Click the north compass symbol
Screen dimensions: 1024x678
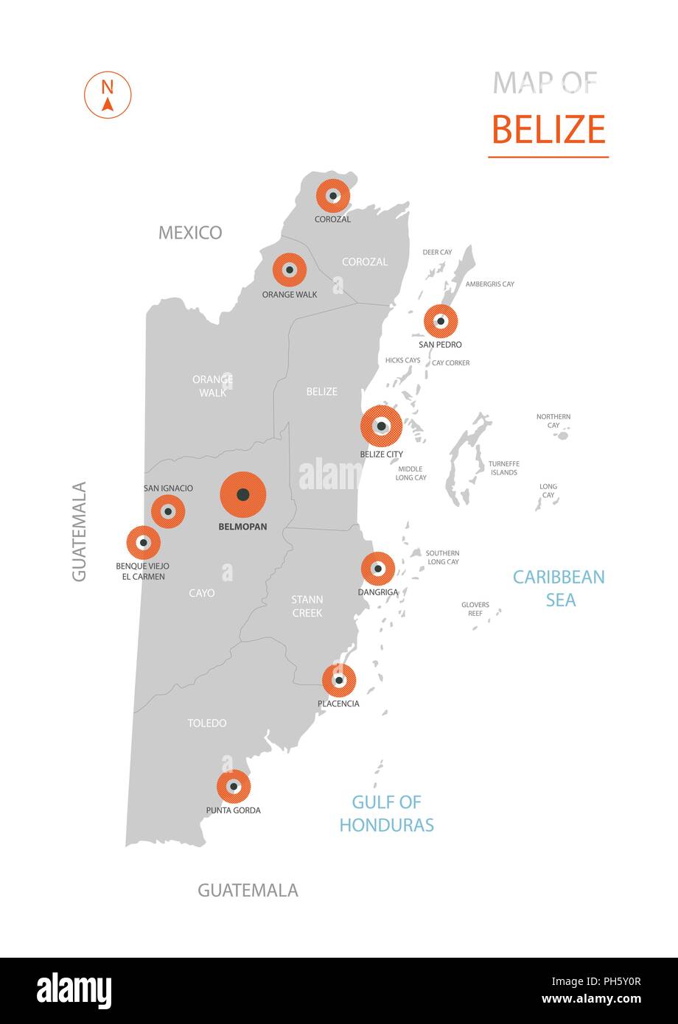(108, 95)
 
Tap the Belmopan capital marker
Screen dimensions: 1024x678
(243, 495)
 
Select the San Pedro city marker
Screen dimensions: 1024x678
(441, 321)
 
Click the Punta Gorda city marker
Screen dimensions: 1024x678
(234, 787)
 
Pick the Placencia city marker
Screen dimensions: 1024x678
(339, 680)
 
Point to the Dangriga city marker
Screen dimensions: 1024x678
(378, 569)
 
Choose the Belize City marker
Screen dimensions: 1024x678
(381, 426)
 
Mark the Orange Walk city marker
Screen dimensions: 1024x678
(290, 270)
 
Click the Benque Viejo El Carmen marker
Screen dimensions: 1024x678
(144, 543)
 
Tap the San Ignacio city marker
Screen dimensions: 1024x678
(168, 511)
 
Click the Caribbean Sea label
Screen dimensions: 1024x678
(559, 588)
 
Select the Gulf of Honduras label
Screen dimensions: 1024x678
(386, 813)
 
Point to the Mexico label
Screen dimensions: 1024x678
(190, 233)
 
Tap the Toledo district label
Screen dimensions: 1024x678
(207, 723)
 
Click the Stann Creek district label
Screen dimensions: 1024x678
(307, 606)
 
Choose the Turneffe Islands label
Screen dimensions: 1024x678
(504, 469)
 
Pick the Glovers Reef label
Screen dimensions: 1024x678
(475, 609)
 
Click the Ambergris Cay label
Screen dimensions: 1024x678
(490, 284)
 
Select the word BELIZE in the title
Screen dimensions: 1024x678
(548, 130)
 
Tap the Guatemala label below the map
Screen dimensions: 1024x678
(248, 890)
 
